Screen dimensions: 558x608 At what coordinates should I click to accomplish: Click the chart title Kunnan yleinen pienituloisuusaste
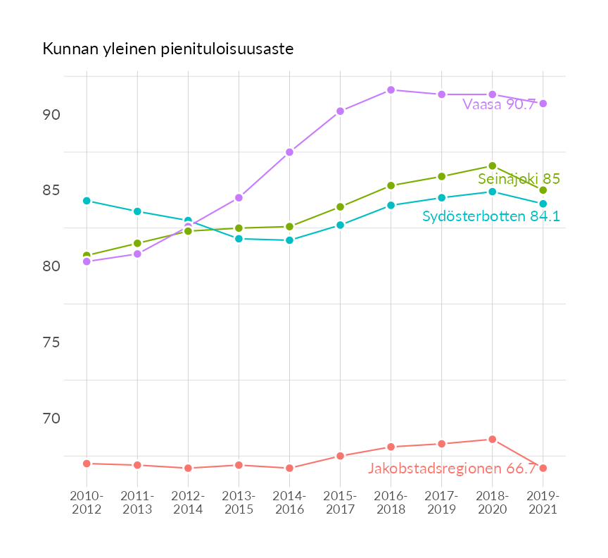pyautogui.click(x=168, y=49)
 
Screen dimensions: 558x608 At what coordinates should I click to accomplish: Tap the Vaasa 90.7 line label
pyautogui.click(x=504, y=105)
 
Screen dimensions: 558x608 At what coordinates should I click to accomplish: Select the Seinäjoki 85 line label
pyautogui.click(x=519, y=179)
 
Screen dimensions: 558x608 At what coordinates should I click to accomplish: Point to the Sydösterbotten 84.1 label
pyautogui.click(x=490, y=216)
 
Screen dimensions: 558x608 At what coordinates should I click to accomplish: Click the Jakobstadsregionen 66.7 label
pyautogui.click(x=452, y=469)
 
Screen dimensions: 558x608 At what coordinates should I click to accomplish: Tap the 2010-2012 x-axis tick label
pyautogui.click(x=87, y=502)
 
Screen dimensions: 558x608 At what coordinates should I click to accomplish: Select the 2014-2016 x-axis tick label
pyautogui.click(x=289, y=502)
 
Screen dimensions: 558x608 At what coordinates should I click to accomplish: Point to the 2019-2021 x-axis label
pyautogui.click(x=543, y=502)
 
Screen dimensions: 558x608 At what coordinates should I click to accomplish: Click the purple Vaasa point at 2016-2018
pyautogui.click(x=391, y=90)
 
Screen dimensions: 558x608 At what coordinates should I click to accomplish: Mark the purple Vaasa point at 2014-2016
pyautogui.click(x=289, y=152)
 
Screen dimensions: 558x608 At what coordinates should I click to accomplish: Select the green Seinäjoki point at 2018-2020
pyautogui.click(x=493, y=166)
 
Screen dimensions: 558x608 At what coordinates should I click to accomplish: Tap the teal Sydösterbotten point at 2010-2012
pyautogui.click(x=87, y=201)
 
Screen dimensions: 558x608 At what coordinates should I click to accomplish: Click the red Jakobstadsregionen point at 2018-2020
pyautogui.click(x=493, y=440)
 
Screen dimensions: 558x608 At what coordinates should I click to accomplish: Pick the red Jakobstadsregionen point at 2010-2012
pyautogui.click(x=87, y=464)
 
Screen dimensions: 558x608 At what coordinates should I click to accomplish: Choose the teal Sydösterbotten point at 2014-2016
pyautogui.click(x=289, y=240)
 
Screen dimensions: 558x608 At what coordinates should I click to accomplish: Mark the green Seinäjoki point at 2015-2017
pyautogui.click(x=340, y=207)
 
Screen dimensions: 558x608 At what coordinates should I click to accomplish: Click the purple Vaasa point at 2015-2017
pyautogui.click(x=340, y=111)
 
